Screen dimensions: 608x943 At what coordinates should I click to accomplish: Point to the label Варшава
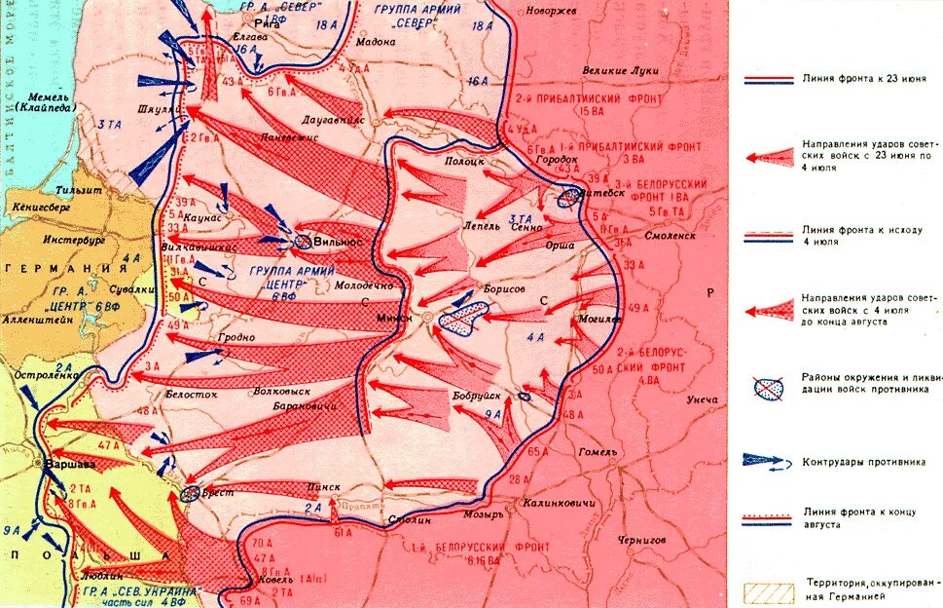pyautogui.click(x=71, y=464)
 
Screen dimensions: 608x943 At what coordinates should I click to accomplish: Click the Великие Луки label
pyautogui.click(x=621, y=71)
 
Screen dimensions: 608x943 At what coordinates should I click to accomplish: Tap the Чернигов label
pyautogui.click(x=639, y=539)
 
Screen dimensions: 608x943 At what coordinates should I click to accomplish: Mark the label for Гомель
pyautogui.click(x=597, y=452)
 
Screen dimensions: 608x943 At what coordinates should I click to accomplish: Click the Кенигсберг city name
pyautogui.click(x=40, y=209)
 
